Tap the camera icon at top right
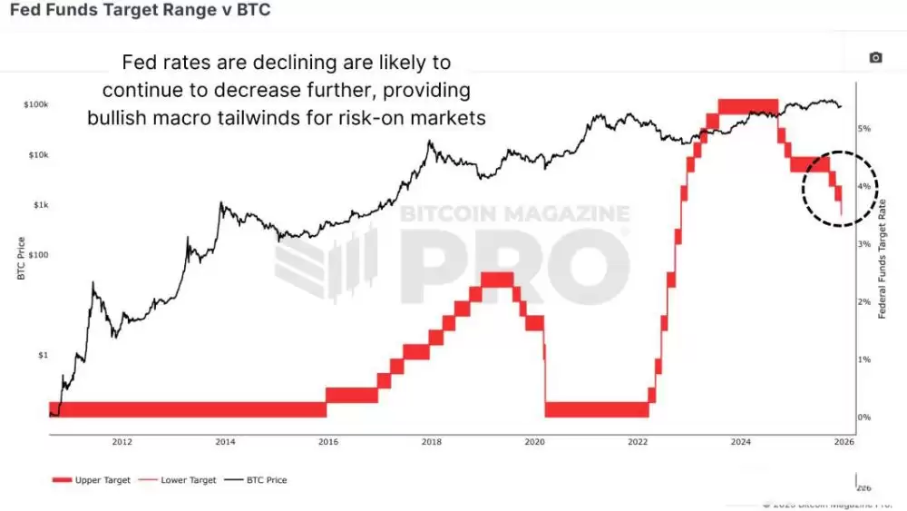pos(875,57)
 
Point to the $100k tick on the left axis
pos(35,105)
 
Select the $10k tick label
pos(37,155)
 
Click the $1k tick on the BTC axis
pos(40,205)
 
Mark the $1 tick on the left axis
pos(42,355)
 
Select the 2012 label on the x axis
pos(122,442)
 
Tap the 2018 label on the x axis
pos(432,442)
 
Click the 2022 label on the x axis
pos(638,442)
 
